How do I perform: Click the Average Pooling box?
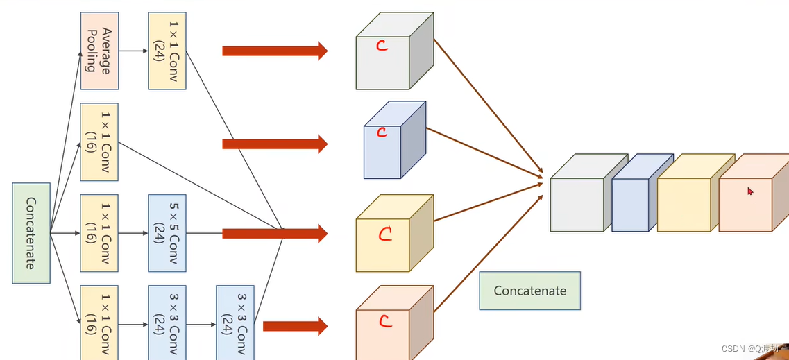[99, 51]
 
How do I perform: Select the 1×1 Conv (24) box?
[167, 51]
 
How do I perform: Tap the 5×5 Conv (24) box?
[167, 232]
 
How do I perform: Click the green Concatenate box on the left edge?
[31, 233]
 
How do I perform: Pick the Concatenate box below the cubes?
[529, 291]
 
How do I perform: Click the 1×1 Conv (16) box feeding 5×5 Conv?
[99, 232]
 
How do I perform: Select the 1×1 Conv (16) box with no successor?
[99, 142]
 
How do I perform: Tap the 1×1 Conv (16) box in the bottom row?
[99, 322]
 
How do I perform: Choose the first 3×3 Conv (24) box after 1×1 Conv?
[167, 322]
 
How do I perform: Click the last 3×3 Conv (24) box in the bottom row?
[235, 322]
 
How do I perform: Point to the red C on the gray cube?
[381, 46]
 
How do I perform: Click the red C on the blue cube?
[381, 132]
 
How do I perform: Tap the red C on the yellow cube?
[384, 234]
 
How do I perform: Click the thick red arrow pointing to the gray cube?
[274, 51]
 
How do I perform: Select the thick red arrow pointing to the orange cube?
[295, 325]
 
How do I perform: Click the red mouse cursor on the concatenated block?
[750, 191]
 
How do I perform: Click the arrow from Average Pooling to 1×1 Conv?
[133, 51]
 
